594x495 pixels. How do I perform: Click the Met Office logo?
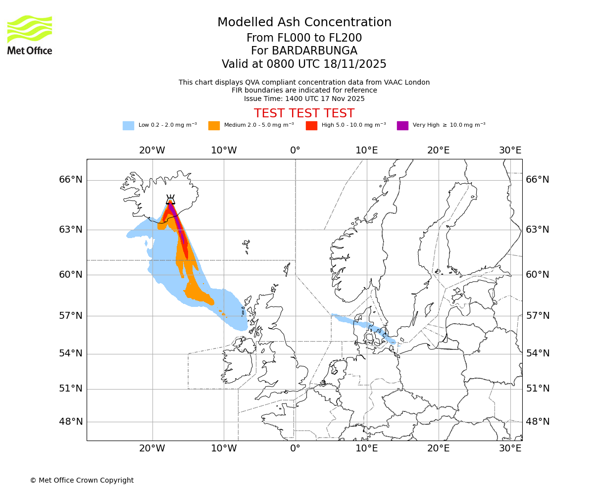30,35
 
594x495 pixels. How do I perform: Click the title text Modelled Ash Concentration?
304,23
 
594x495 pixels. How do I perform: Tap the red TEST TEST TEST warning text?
304,113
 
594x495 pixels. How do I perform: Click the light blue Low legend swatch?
128,125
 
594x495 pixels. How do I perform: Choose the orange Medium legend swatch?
214,125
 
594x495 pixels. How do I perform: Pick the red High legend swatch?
311,125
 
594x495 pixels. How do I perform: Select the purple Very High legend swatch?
402,125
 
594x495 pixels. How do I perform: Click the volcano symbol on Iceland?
170,199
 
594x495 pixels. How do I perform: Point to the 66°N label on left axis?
71,180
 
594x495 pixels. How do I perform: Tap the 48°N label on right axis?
537,422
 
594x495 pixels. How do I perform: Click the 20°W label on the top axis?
152,150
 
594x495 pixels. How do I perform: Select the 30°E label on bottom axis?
510,448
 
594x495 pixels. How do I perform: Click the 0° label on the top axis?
295,150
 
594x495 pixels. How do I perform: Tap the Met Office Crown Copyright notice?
82,480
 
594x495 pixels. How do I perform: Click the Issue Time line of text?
304,99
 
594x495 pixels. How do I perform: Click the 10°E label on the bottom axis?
367,448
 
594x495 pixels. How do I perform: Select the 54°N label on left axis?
71,353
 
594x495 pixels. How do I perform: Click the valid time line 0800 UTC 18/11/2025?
304,64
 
